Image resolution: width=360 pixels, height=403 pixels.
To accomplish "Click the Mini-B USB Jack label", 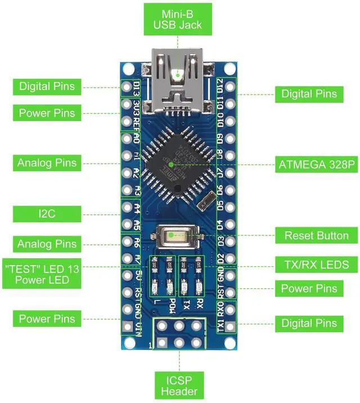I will pyautogui.click(x=178, y=20).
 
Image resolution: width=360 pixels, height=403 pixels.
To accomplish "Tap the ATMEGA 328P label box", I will pyautogui.click(x=317, y=165).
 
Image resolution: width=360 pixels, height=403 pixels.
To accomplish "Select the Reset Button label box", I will pyautogui.click(x=317, y=236).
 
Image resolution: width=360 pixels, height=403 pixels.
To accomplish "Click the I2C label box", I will pyautogui.click(x=47, y=213).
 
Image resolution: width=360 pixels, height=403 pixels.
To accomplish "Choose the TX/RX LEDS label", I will pyautogui.click(x=317, y=264).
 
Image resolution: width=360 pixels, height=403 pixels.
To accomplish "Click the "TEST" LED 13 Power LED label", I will pyautogui.click(x=43, y=274).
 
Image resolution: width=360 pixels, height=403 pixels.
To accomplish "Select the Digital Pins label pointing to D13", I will pyautogui.click(x=47, y=87).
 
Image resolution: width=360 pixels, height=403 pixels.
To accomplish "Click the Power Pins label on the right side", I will pyautogui.click(x=309, y=289).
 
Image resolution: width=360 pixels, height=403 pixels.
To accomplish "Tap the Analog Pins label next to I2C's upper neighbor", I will pyautogui.click(x=47, y=163).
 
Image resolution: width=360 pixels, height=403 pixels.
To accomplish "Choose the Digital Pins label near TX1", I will pyautogui.click(x=309, y=323).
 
